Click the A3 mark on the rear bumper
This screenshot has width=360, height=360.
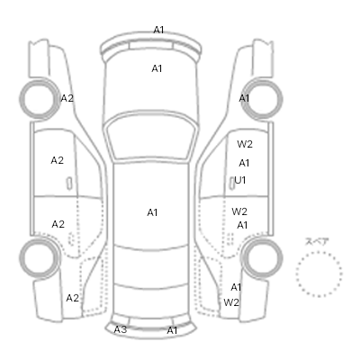click(121, 329)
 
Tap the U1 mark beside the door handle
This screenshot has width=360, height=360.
click(240, 180)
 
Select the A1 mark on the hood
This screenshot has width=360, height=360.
click(157, 68)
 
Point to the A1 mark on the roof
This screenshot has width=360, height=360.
click(152, 212)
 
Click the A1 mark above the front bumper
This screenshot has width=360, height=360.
click(158, 30)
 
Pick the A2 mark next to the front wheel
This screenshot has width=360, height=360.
click(67, 98)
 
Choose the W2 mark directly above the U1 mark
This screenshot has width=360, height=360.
click(245, 144)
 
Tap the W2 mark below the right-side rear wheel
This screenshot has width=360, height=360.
click(231, 302)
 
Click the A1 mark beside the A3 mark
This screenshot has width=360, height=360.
click(172, 330)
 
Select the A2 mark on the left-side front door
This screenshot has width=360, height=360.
click(57, 160)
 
